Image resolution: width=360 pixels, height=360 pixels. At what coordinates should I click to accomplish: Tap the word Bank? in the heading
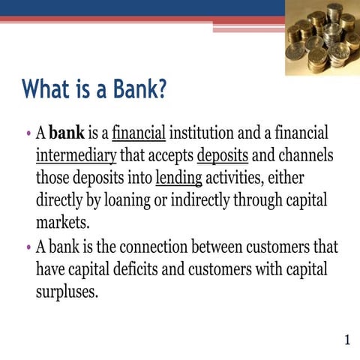(x=133, y=91)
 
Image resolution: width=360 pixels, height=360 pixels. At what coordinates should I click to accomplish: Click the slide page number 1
(x=346, y=341)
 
